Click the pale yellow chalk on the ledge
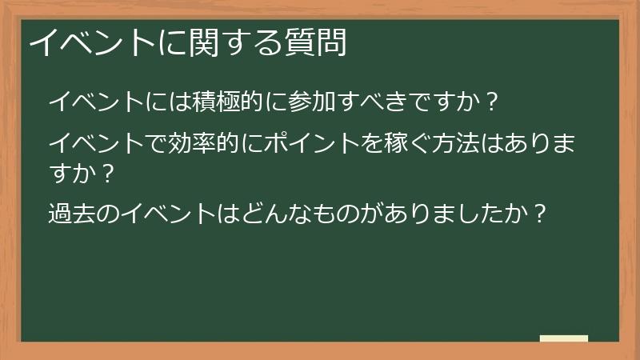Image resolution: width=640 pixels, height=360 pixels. (564, 338)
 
